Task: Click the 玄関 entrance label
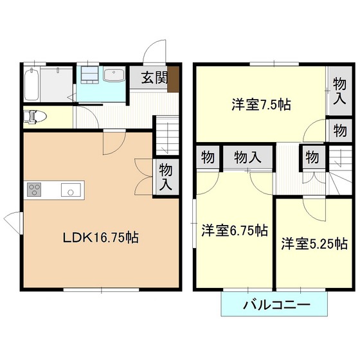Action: click(154, 78)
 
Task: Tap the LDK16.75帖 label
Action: click(101, 237)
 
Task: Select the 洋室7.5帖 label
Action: click(261, 104)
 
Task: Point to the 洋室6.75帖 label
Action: click(235, 230)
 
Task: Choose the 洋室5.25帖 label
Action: click(314, 244)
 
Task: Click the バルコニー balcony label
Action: click(276, 305)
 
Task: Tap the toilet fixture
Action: click(35, 117)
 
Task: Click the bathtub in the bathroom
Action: click(32, 84)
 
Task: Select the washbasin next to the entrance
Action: click(114, 74)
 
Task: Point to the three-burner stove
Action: click(34, 190)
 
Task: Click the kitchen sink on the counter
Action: click(71, 190)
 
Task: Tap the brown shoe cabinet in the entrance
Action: click(173, 79)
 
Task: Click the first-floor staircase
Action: click(167, 136)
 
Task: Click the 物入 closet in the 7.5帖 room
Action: click(340, 91)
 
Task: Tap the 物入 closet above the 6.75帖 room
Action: click(248, 157)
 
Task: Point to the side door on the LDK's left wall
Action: click(14, 222)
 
